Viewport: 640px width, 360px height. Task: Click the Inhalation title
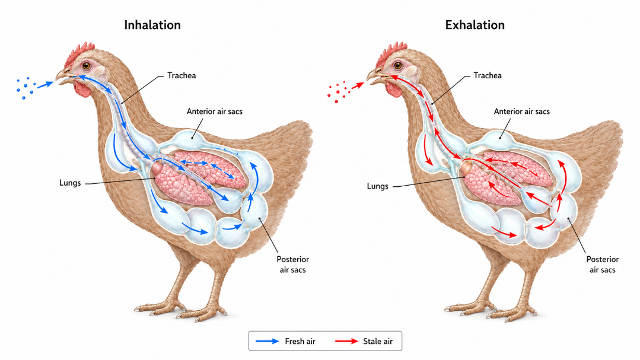pyautogui.click(x=152, y=25)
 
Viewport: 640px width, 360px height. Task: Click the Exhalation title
pyautogui.click(x=475, y=25)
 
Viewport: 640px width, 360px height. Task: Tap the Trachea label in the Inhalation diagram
pyautogui.click(x=182, y=75)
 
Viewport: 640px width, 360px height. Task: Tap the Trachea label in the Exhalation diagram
pyautogui.click(x=488, y=75)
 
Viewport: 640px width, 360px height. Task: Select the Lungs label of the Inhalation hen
pyautogui.click(x=70, y=183)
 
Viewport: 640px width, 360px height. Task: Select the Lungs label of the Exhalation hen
pyautogui.click(x=378, y=186)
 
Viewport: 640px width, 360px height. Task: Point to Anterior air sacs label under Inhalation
pyautogui.click(x=215, y=111)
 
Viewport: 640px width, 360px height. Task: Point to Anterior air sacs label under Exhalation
pyautogui.click(x=521, y=111)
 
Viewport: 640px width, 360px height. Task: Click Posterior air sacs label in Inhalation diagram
pyautogui.click(x=292, y=265)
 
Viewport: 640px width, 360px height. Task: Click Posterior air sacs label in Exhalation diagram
pyautogui.click(x=603, y=265)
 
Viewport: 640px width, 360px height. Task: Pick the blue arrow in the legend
pyautogui.click(x=267, y=341)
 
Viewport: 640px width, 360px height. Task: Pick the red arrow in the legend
pyautogui.click(x=346, y=341)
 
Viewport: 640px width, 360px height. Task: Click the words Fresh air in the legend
pyautogui.click(x=300, y=341)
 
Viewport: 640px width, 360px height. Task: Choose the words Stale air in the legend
pyautogui.click(x=378, y=341)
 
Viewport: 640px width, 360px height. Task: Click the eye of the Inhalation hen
pyautogui.click(x=86, y=65)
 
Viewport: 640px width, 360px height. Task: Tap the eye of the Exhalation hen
pyautogui.click(x=397, y=65)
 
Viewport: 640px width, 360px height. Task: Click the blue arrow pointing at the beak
pyautogui.click(x=46, y=85)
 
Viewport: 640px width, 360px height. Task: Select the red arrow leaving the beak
pyautogui.click(x=357, y=85)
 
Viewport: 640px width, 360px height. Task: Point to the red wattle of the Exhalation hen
pyautogui.click(x=395, y=90)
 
